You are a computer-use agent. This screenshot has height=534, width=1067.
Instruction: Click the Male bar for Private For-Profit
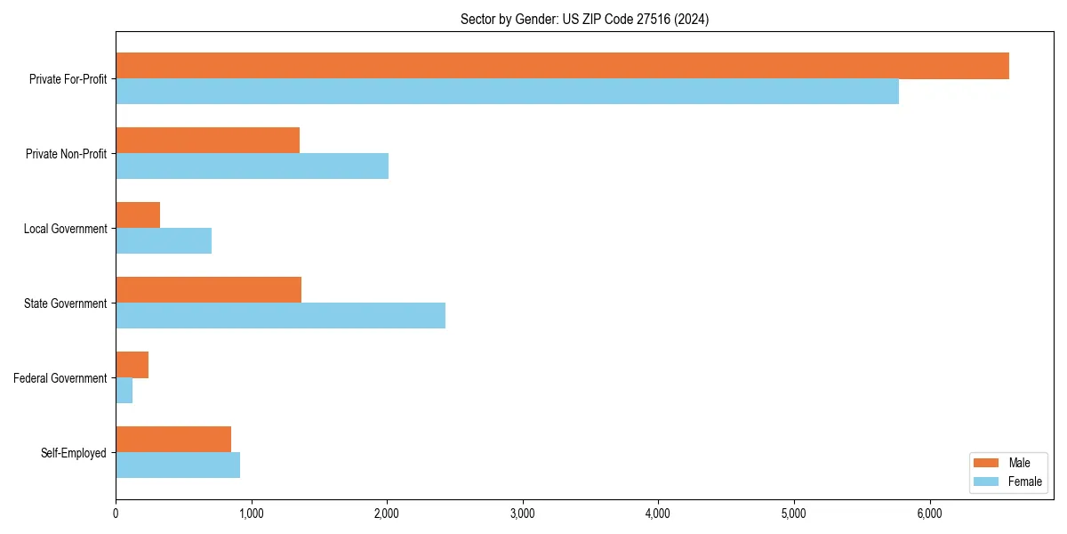pos(562,66)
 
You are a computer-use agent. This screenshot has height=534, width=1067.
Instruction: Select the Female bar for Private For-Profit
pos(507,92)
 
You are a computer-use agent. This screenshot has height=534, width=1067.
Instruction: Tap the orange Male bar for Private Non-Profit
pos(207,141)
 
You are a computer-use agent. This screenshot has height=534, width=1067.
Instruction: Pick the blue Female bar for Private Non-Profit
pos(252,166)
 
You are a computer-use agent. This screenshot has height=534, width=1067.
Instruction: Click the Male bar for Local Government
pos(138,215)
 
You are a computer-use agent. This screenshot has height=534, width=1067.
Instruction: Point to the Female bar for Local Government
pos(164,241)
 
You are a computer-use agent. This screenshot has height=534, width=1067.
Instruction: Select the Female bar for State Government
pos(280,316)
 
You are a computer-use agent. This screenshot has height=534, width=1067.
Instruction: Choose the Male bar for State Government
pos(208,290)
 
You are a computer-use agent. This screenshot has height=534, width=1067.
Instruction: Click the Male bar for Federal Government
pos(132,365)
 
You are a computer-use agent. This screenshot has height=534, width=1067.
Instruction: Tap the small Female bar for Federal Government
pos(124,391)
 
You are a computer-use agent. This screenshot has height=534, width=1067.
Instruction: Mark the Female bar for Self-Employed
pos(178,465)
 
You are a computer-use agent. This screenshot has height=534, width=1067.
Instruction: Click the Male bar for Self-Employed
pos(173,440)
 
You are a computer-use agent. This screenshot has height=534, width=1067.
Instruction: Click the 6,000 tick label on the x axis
pos(929,514)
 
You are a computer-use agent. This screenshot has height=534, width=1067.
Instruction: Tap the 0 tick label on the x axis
pos(116,514)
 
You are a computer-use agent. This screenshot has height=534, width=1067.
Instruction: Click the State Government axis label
pos(65,303)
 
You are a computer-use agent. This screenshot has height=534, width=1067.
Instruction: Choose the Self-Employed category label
pos(73,453)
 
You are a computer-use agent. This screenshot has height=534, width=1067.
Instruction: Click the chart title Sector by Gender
pos(584,19)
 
